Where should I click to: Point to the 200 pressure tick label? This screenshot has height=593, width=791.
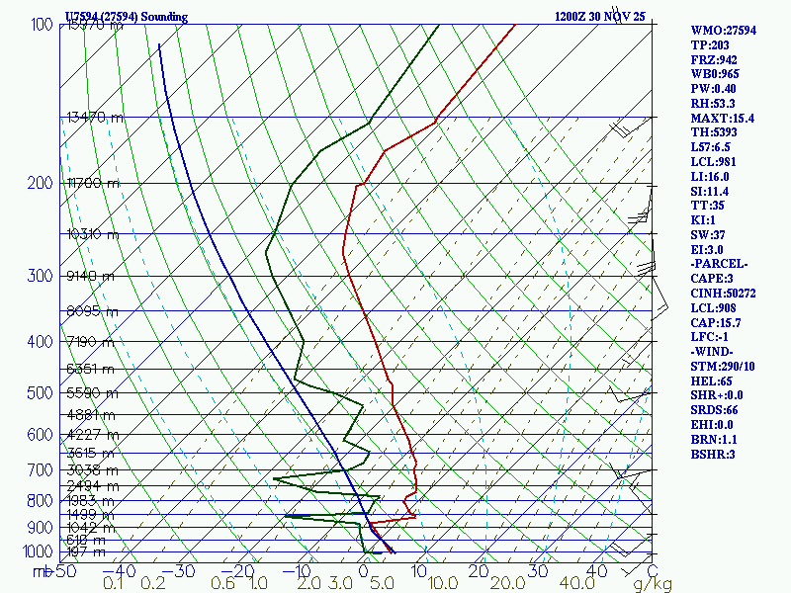click(x=42, y=183)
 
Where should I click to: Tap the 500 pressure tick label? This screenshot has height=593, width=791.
click(x=42, y=393)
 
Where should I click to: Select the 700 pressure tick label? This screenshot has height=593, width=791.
click(x=42, y=470)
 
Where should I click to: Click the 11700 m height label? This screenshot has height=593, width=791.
click(x=93, y=183)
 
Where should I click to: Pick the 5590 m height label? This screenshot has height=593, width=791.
click(x=91, y=392)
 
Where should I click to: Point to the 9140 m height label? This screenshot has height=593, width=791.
click(x=90, y=276)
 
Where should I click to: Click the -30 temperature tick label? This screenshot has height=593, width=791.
click(x=181, y=571)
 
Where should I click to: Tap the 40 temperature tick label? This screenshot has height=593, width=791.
click(x=596, y=571)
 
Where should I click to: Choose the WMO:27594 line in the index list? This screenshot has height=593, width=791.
click(x=723, y=31)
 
